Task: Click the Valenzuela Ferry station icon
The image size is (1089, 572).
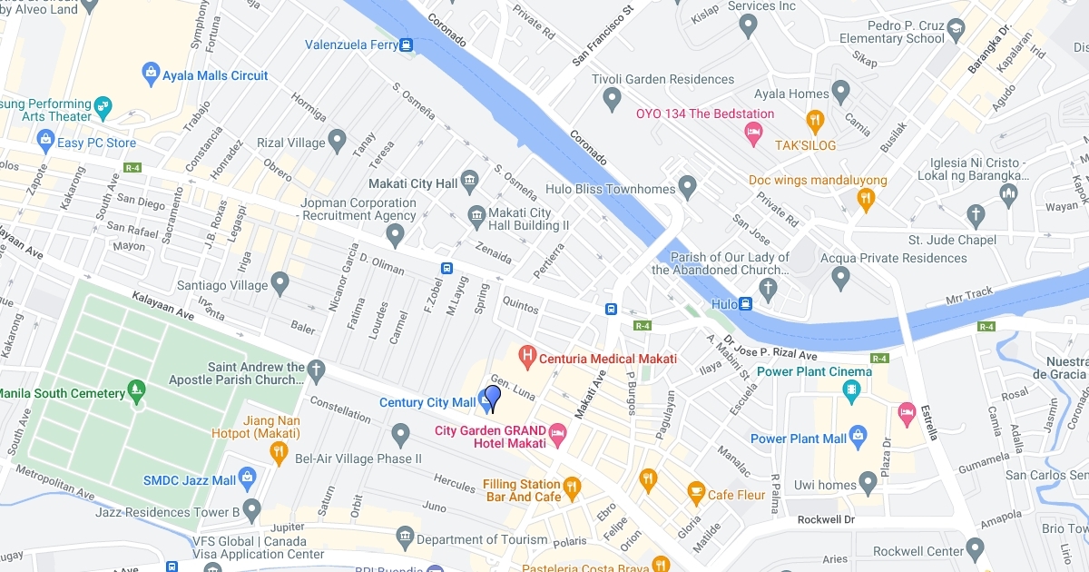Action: pyautogui.click(x=406, y=44)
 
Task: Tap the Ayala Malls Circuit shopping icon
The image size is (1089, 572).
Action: pyautogui.click(x=151, y=72)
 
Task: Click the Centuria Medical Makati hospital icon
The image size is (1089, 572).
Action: pyautogui.click(x=525, y=354)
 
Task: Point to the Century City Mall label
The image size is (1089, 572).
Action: pyautogui.click(x=427, y=402)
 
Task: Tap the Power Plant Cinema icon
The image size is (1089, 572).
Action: pyautogui.click(x=851, y=391)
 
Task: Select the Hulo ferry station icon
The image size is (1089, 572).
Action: pyautogui.click(x=745, y=304)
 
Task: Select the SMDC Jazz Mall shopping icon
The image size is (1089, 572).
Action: pyautogui.click(x=248, y=478)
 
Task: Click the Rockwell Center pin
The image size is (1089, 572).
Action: pyautogui.click(x=976, y=549)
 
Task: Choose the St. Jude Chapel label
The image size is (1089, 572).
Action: pyautogui.click(x=952, y=240)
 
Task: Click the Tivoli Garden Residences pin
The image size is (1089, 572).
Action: pyautogui.click(x=613, y=97)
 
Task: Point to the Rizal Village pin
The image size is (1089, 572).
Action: pyautogui.click(x=338, y=142)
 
